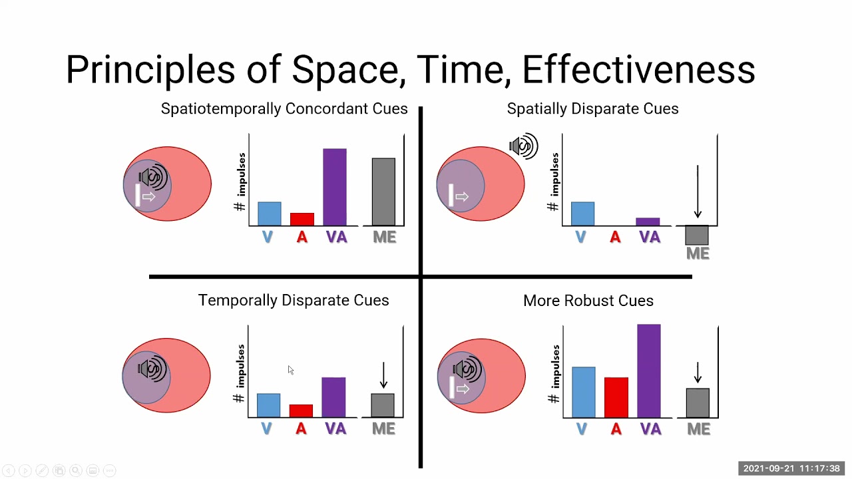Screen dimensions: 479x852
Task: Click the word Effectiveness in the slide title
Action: [638, 70]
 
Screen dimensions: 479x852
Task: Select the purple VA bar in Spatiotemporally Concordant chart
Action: [335, 187]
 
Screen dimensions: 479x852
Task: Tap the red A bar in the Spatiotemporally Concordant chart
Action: [302, 220]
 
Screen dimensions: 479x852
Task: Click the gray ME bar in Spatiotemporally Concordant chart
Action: [383, 192]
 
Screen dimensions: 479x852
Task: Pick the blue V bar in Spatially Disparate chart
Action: [582, 214]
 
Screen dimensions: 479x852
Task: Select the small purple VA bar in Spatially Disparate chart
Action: [648, 222]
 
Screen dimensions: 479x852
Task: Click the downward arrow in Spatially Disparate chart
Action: [697, 192]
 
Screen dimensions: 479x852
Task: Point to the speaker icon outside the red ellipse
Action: [524, 146]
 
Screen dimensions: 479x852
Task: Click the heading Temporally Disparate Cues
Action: [294, 301]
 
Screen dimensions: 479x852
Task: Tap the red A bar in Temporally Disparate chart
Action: [301, 411]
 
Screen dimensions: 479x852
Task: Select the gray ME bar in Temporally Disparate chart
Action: [383, 406]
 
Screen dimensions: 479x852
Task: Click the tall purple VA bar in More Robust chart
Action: [649, 371]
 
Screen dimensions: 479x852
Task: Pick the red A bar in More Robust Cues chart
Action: [616, 398]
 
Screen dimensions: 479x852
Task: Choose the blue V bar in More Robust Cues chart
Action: [584, 393]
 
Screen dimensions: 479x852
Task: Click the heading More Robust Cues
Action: [588, 301]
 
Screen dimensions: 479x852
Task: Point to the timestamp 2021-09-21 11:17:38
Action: [791, 469]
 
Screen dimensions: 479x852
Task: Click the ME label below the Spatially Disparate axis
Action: [698, 253]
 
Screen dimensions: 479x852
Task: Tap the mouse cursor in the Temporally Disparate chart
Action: [290, 370]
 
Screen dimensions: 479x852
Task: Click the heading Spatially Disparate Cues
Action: [592, 109]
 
